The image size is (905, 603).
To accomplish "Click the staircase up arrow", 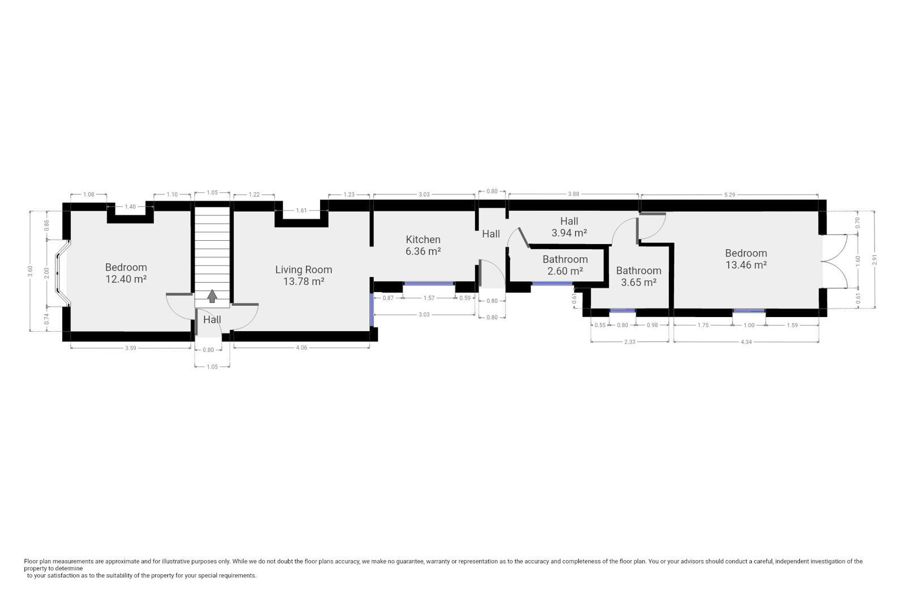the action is click(x=212, y=296).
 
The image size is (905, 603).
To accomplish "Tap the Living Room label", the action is click(x=303, y=275).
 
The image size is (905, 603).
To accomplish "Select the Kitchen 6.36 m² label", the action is click(x=423, y=245).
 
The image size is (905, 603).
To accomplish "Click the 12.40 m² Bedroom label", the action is click(x=126, y=273).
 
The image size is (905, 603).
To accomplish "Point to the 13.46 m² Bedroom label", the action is click(x=746, y=259).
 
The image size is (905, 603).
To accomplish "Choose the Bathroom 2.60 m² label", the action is click(x=565, y=265).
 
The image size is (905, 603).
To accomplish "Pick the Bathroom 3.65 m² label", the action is click(x=639, y=276).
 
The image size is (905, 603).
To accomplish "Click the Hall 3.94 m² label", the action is click(x=569, y=227).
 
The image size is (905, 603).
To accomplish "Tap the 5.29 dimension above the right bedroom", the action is click(x=729, y=194).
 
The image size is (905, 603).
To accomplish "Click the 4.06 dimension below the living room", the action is click(x=301, y=348).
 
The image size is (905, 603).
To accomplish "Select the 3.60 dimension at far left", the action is click(x=30, y=271).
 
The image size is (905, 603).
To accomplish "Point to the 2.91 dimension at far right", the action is click(x=875, y=259).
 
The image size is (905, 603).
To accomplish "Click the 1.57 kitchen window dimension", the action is click(x=429, y=298).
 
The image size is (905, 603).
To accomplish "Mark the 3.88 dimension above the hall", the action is click(x=574, y=194).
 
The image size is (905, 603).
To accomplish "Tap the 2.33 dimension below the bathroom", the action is click(x=630, y=341).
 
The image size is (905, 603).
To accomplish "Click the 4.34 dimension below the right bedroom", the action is click(x=746, y=342).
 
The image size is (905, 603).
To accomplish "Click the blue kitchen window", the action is click(x=429, y=284).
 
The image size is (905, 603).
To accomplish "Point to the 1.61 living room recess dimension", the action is click(x=301, y=210).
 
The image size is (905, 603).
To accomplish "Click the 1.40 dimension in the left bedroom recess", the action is click(x=130, y=207).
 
